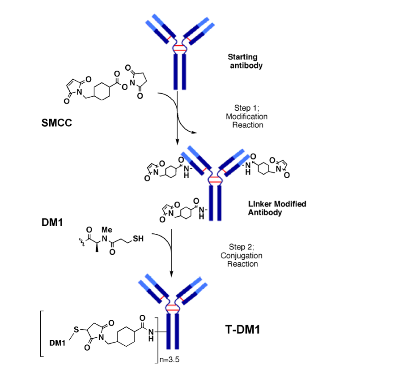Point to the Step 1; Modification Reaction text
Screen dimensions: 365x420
(x=250, y=116)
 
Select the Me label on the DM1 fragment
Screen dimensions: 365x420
(x=101, y=228)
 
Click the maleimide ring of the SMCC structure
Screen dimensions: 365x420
(x=76, y=86)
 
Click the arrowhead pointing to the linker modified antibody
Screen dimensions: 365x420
(x=178, y=142)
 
